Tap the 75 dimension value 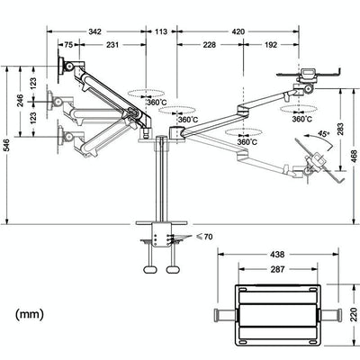pos(68,44)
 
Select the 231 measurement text pos(112,44)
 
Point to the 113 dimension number pos(161,31)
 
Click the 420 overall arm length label pos(238,31)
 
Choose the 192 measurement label pos(271,44)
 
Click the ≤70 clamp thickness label pos(205,237)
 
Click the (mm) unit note pos(31,315)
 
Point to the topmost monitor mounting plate pos(62,67)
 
